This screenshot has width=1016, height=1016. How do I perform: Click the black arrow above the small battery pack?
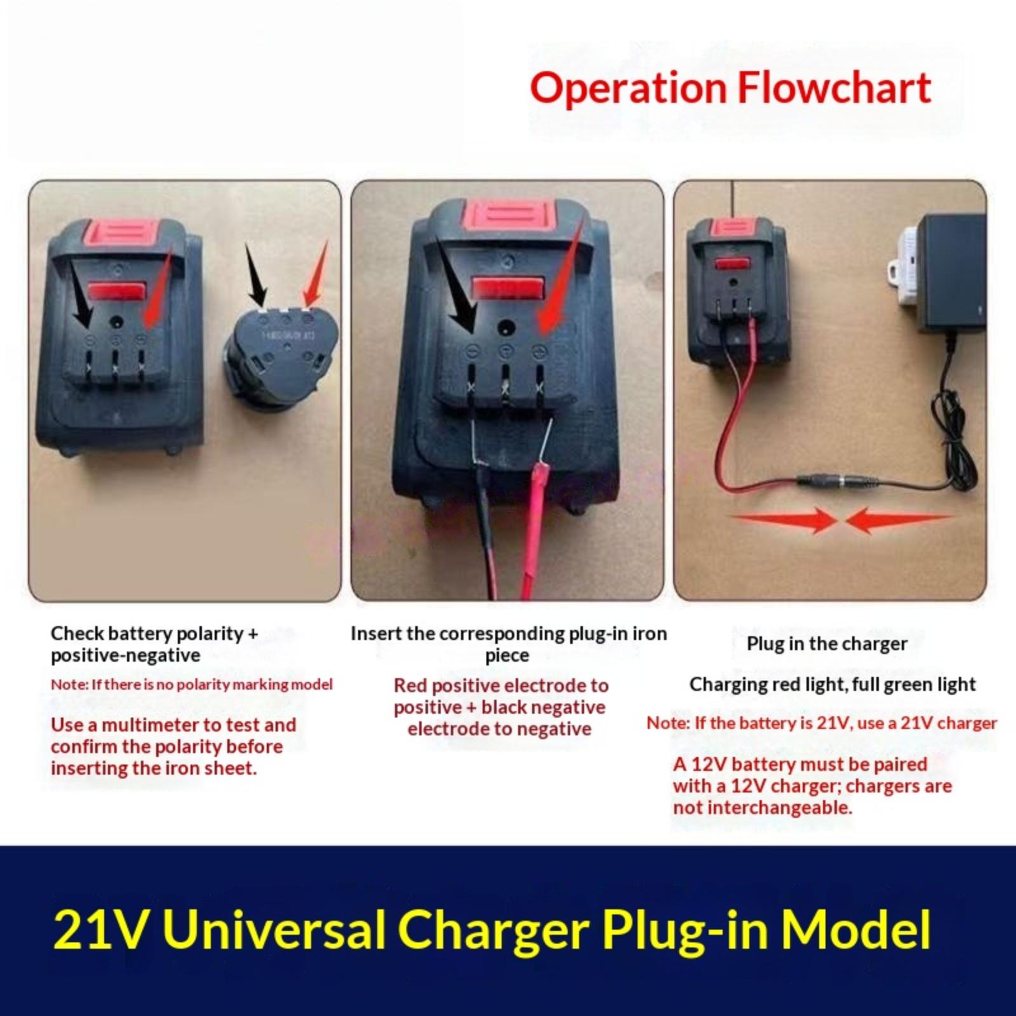[257, 274]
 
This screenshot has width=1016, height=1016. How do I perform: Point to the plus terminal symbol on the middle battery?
[540, 350]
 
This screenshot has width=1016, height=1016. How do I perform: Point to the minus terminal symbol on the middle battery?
[472, 350]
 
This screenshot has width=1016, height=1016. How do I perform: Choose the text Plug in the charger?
[827, 644]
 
